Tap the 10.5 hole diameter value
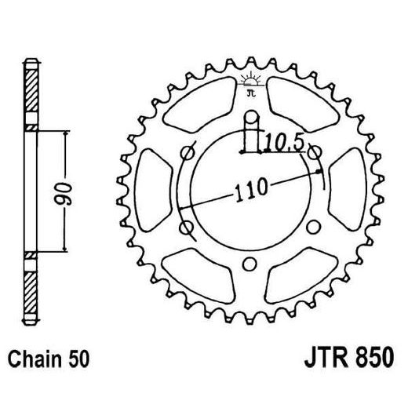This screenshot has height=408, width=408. (279, 143)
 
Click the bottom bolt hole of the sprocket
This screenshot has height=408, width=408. (250, 263)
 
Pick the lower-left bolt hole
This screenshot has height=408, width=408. (188, 228)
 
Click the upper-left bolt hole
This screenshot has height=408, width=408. (188, 155)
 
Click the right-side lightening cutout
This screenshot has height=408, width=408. (348, 191)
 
